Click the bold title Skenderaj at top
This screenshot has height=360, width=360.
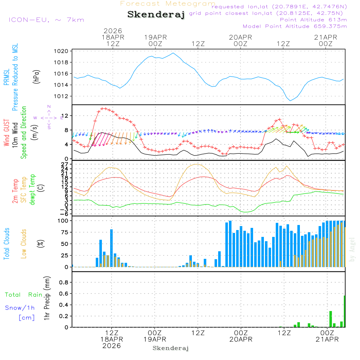point(156,15)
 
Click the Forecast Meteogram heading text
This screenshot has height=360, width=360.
point(168,4)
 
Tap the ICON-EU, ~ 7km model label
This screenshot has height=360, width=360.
point(46,20)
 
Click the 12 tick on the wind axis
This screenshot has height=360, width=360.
point(66,116)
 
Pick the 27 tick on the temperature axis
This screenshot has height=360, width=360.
point(66,164)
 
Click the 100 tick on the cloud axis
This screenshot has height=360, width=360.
point(63,220)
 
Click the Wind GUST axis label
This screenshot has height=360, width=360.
point(6,133)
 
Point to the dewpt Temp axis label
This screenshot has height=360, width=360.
point(32,190)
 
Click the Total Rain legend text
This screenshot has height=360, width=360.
point(23,295)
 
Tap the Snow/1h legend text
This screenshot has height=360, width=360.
point(20,308)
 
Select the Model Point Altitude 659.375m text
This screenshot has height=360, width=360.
point(295,26)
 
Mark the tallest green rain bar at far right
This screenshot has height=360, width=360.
point(345,311)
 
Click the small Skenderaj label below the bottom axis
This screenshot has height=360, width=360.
point(171,348)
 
